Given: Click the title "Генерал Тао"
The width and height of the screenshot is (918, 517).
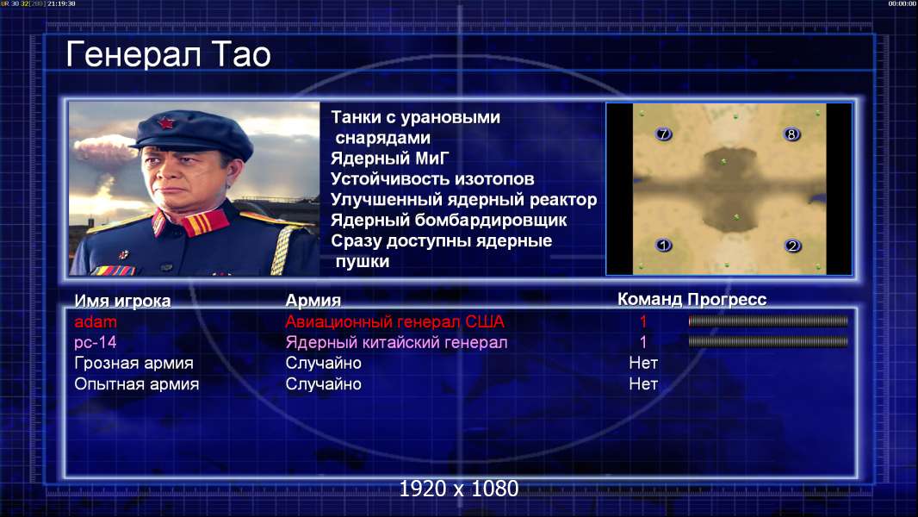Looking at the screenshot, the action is [168, 54].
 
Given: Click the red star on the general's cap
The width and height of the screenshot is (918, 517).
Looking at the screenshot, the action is [166, 123].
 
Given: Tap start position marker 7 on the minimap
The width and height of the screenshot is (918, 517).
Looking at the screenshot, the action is [663, 134].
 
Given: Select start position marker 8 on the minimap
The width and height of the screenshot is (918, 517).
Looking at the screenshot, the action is [791, 134].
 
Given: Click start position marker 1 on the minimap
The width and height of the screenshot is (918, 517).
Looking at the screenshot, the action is [663, 245].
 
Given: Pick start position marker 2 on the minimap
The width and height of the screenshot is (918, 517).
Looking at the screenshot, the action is [793, 246].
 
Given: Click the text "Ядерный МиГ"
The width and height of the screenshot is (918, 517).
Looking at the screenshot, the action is [390, 159].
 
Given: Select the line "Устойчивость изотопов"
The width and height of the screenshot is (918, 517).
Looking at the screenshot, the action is [432, 179].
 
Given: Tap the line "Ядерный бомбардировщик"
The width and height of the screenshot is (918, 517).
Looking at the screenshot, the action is [449, 221].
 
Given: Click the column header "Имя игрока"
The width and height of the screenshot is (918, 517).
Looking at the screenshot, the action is [122, 301].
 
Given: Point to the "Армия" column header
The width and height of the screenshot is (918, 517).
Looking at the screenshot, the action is [313, 301].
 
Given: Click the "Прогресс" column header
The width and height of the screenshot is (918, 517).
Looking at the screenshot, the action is [727, 300].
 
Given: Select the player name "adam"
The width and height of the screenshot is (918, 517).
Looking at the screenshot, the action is [96, 321].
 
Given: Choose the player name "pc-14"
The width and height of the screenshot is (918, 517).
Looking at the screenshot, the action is [96, 342].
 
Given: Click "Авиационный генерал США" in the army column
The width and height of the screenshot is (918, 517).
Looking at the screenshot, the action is [395, 321].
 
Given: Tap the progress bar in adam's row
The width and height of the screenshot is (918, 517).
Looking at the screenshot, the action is [768, 321].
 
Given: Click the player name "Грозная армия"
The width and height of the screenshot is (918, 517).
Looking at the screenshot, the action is [134, 363].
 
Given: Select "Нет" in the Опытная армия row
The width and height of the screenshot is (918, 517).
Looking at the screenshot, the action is [643, 384].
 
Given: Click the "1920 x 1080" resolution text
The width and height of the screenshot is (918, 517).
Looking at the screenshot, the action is [459, 489].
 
